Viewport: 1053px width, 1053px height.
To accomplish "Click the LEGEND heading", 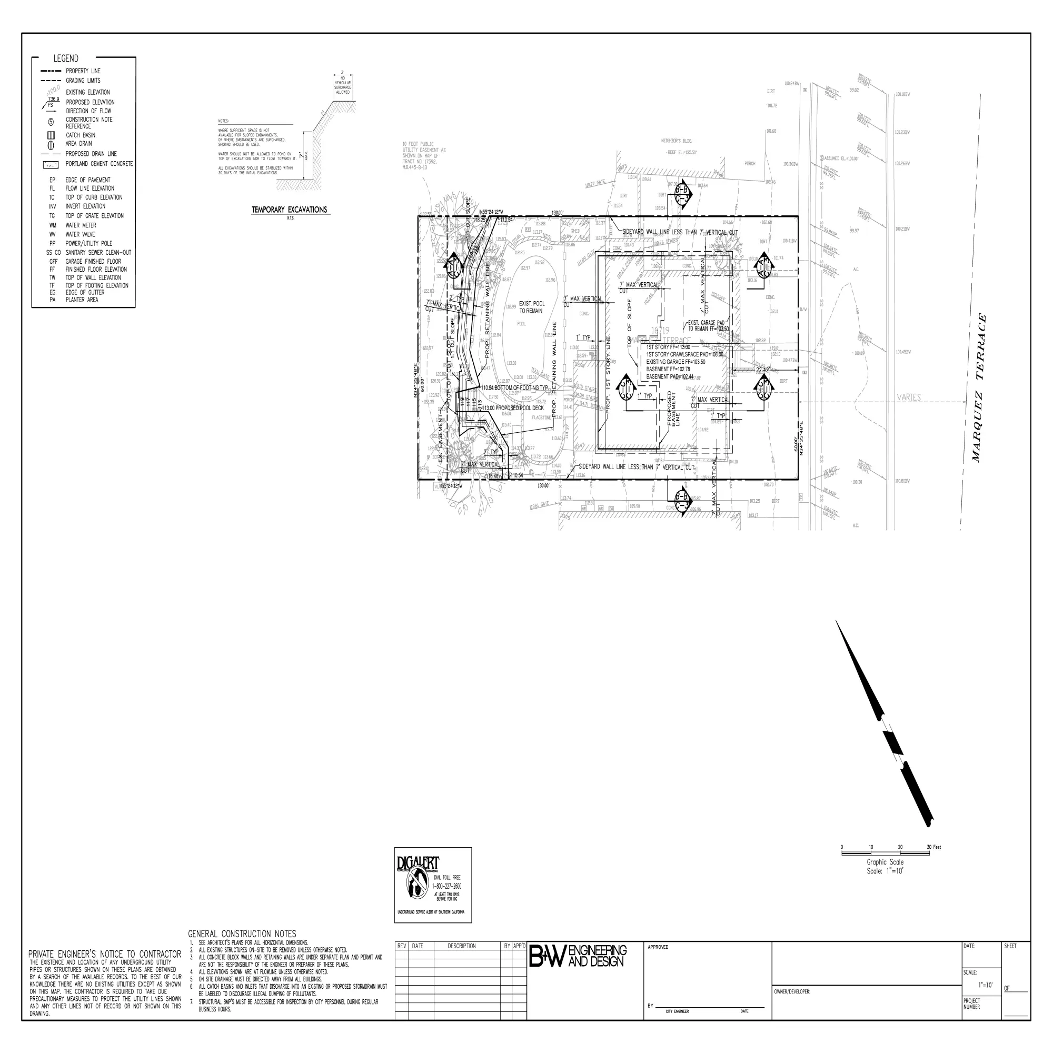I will [65, 58].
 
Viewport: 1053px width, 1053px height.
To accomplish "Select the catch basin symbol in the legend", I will [51, 135].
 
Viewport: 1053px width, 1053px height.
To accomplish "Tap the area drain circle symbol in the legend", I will [51, 145].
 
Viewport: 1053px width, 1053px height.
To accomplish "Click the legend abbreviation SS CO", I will [53, 253].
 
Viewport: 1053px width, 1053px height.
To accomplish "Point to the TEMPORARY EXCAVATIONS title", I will [290, 210].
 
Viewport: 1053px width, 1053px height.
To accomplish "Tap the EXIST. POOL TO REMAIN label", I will [531, 307].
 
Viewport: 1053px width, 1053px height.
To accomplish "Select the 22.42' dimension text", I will [762, 370].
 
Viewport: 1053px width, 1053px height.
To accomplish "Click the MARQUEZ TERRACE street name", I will [979, 388].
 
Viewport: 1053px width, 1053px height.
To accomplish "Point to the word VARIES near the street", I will [909, 398].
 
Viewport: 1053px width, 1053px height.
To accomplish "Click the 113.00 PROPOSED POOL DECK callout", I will [512, 408].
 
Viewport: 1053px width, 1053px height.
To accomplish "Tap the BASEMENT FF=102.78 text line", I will [668, 369].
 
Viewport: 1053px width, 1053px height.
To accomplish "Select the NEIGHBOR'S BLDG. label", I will [677, 141].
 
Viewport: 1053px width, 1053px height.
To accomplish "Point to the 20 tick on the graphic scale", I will [900, 847].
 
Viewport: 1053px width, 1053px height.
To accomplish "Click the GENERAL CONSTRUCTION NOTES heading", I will [242, 933].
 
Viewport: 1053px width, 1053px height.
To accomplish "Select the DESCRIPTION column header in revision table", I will [461, 946].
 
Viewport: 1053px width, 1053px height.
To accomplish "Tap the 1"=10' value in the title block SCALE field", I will [986, 986].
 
